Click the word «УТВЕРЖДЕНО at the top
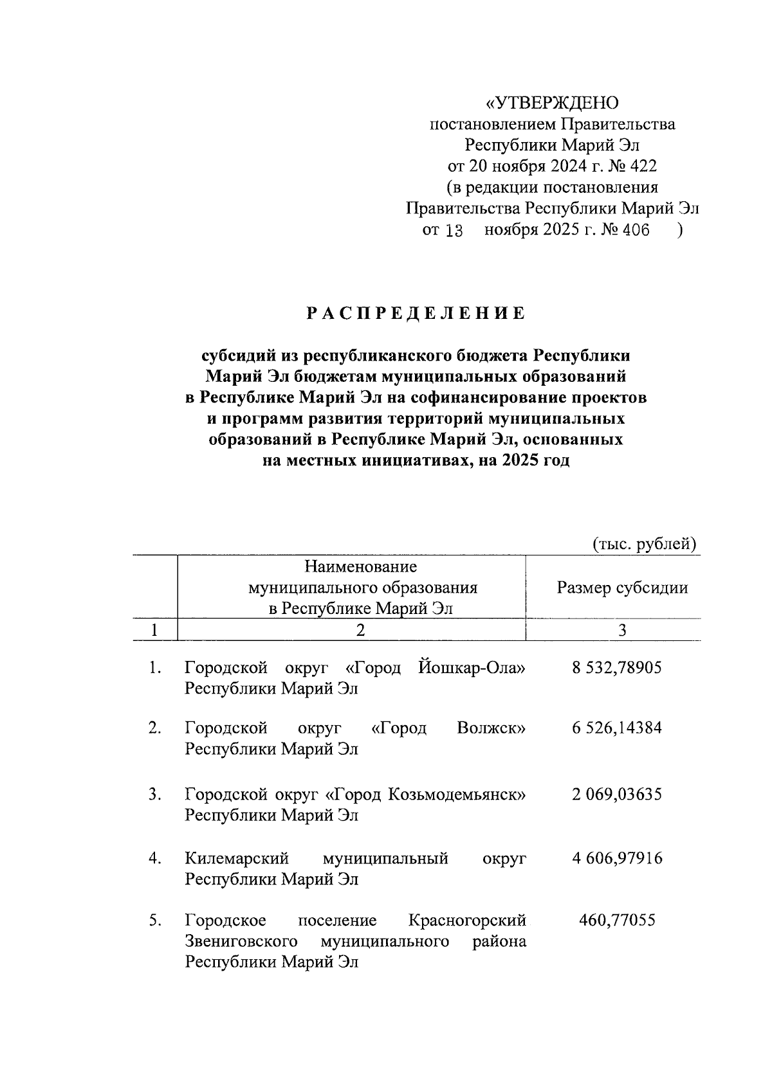click(x=551, y=103)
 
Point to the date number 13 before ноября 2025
click(x=454, y=231)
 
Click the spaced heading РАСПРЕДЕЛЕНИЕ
click(x=416, y=314)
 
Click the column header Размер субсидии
click(x=622, y=588)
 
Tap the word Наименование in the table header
click(x=360, y=567)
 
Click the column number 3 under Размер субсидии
click(x=622, y=631)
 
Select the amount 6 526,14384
click(x=616, y=728)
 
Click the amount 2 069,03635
click(x=616, y=794)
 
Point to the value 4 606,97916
click(x=616, y=858)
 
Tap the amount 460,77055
click(x=617, y=921)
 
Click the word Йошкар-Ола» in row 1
click(x=471, y=668)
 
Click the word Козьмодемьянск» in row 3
click(x=457, y=794)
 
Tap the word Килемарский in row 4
click(x=237, y=858)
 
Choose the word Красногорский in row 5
click(x=467, y=921)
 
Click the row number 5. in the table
click(x=154, y=921)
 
